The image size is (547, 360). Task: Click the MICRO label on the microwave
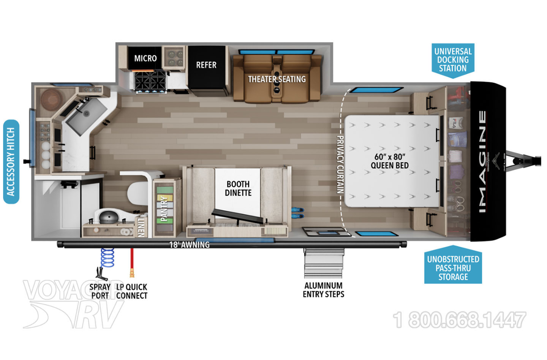pos(145,58)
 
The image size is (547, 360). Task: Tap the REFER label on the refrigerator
pos(206,65)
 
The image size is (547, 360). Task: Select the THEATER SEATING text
pos(277,79)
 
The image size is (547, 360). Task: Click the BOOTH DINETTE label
pos(238,188)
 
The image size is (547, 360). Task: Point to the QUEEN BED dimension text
pos(390,161)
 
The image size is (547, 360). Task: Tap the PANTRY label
pos(164,208)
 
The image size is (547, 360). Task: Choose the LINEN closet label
pos(141,227)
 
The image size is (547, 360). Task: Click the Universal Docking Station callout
pos(453,60)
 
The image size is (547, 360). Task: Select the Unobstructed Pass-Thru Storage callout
pos(453,268)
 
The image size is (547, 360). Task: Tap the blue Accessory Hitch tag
pos(11,162)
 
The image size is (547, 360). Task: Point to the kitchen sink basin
pos(86,114)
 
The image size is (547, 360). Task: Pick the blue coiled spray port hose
pos(108,257)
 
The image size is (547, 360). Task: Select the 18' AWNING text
pos(189,245)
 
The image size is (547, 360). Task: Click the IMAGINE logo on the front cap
pos(482,161)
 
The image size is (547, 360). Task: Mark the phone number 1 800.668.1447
pos(459,320)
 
